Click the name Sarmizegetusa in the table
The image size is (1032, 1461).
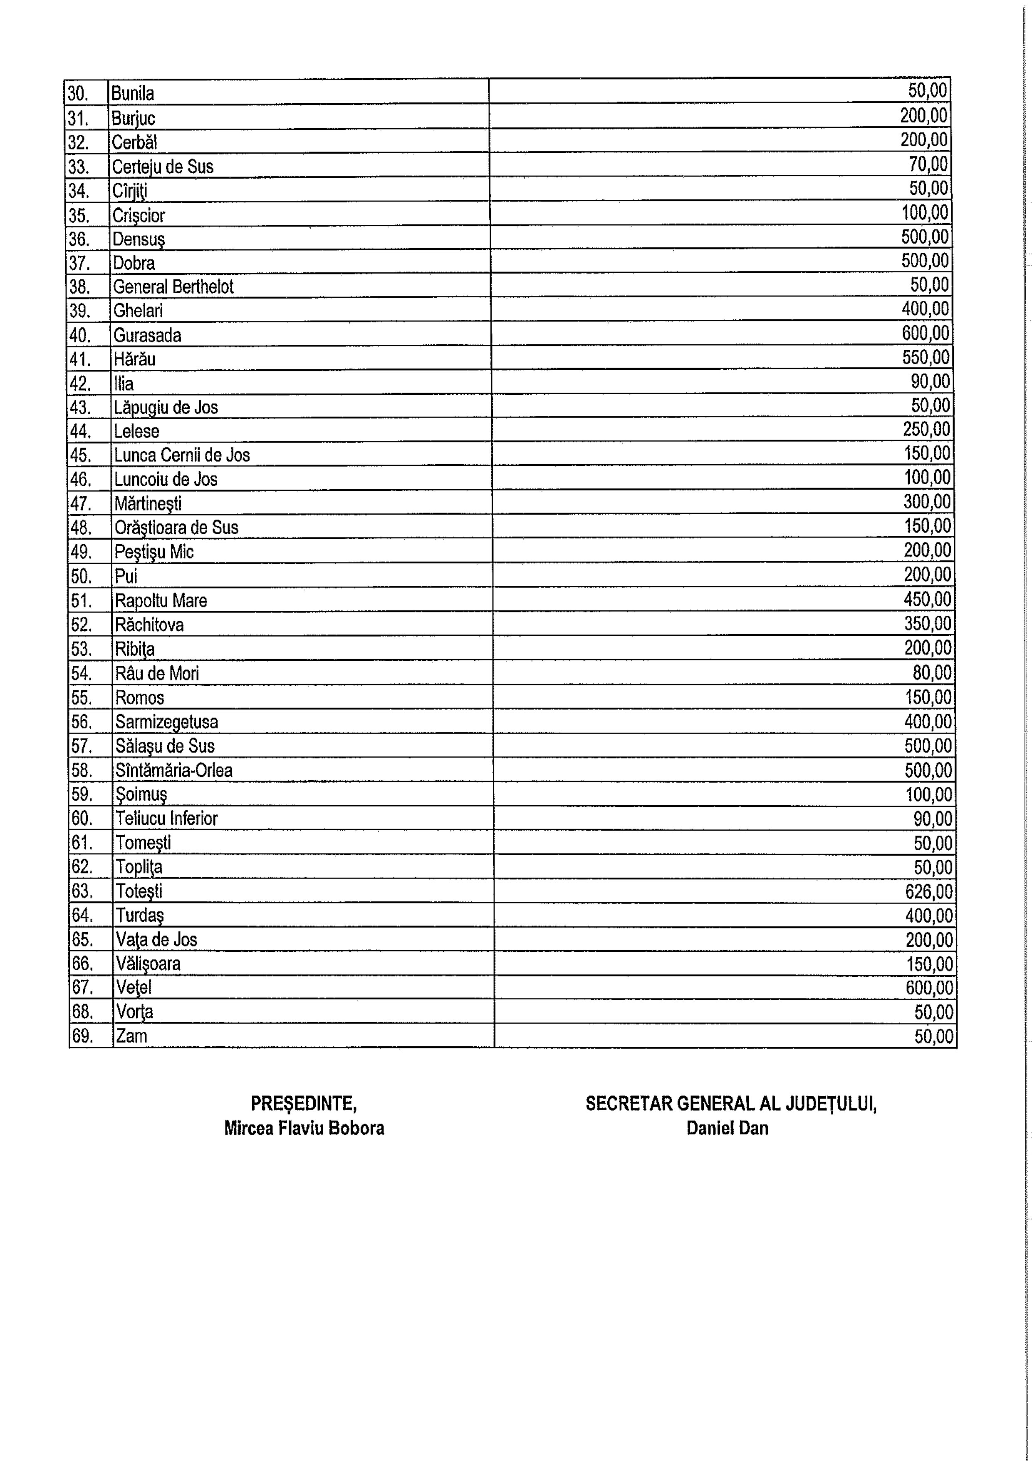(167, 722)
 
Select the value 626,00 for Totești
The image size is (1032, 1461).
(929, 891)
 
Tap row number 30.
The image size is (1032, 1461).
(77, 94)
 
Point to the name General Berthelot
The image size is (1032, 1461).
(173, 286)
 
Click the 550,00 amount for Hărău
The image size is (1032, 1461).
(926, 357)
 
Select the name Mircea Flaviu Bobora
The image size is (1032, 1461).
(304, 1128)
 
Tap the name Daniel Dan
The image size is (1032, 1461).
(728, 1128)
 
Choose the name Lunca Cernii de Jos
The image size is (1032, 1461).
(182, 455)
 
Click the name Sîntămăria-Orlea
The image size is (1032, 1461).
(173, 771)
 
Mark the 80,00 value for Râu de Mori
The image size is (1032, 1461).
(932, 672)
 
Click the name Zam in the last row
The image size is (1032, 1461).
(131, 1036)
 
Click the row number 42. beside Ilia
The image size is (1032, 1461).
(80, 384)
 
